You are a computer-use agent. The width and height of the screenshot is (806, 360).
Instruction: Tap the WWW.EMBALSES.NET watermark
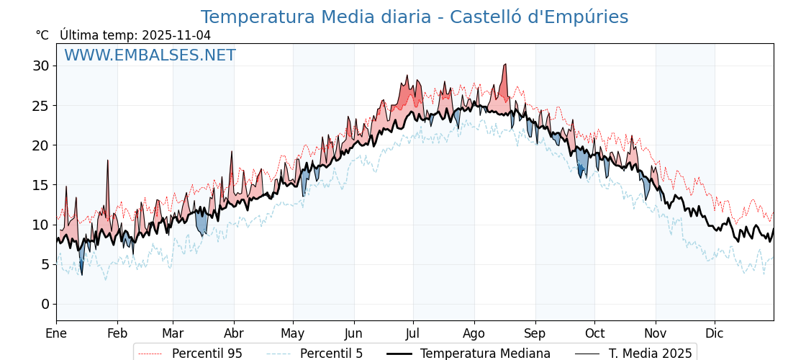(x=150, y=55)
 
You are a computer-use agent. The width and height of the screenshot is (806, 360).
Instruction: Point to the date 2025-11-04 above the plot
(x=176, y=35)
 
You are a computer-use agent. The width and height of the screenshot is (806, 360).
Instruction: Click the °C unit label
(x=42, y=35)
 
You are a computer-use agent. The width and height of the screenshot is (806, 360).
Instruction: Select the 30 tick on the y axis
(x=41, y=66)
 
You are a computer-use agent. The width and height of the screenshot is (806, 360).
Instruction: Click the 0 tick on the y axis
(x=45, y=304)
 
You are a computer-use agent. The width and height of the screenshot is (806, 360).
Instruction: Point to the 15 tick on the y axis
(x=41, y=185)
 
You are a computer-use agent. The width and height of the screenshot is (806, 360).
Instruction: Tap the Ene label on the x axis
(x=56, y=333)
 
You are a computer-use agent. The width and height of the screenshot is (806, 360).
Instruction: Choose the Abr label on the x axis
(x=234, y=333)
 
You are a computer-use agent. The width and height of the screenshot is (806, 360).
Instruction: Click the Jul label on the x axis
(x=413, y=333)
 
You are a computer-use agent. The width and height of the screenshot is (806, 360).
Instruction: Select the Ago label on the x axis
(x=474, y=333)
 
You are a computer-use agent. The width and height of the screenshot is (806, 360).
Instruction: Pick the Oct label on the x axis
(x=594, y=333)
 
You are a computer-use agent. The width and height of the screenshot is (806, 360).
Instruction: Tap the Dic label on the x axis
(x=715, y=333)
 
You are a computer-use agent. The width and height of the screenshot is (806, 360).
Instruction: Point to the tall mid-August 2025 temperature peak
(x=506, y=66)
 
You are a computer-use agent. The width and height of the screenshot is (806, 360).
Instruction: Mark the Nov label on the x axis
(x=656, y=333)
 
